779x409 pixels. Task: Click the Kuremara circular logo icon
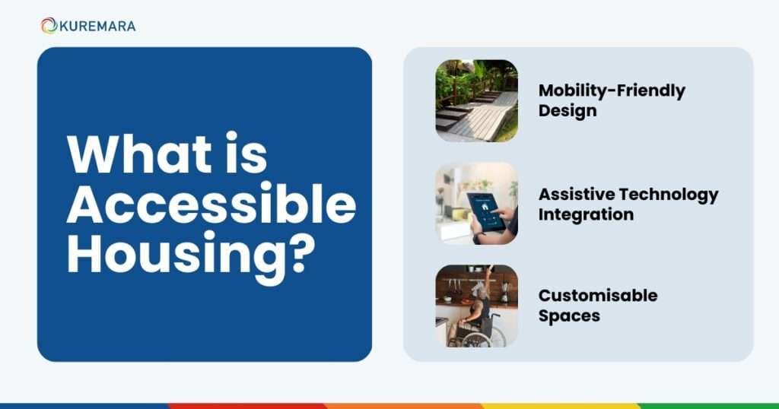coord(49,26)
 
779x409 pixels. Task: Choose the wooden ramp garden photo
coord(476,100)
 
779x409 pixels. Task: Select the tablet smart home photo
coord(476,203)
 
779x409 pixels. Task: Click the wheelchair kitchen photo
coord(476,306)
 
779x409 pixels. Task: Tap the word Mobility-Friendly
coord(612,90)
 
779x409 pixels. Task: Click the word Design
coord(567,110)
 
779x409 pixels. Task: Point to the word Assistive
coord(574,194)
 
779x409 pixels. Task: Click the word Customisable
coord(598,295)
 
